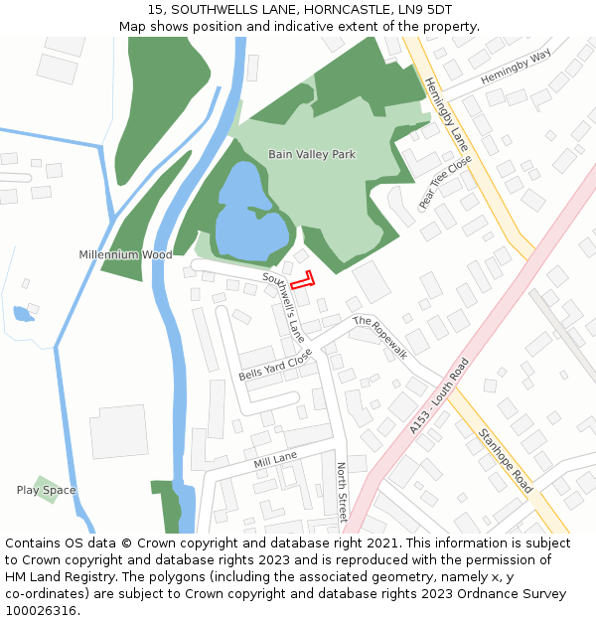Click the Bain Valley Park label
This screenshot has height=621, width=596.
tap(311, 154)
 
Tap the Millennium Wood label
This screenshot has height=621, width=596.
tap(125, 255)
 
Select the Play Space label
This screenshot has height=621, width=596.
tap(46, 490)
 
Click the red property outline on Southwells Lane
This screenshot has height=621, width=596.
tap(303, 280)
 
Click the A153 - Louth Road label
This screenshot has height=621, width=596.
tap(438, 395)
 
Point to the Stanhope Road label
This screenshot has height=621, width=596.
tap(506, 460)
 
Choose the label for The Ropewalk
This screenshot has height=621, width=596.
tap(380, 336)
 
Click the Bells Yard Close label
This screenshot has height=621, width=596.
tap(275, 365)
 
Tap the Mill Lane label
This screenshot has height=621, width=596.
tap(275, 459)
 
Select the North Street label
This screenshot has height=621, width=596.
tap(341, 492)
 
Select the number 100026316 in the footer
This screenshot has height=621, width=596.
tap(41, 611)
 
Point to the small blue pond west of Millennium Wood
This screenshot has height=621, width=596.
tap(23, 315)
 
